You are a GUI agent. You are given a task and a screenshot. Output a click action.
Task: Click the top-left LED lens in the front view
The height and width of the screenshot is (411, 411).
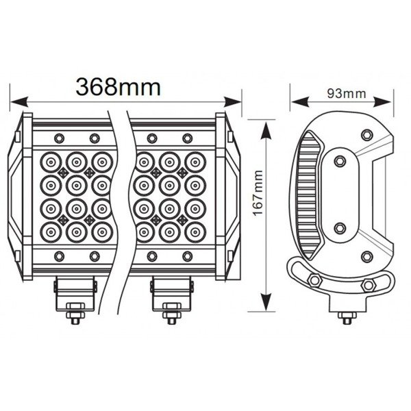tap(52, 161)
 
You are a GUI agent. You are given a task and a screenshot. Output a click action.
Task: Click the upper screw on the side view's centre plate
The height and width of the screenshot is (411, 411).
tap(339, 162)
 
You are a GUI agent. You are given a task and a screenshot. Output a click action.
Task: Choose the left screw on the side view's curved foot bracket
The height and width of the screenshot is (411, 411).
tap(314, 279)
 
